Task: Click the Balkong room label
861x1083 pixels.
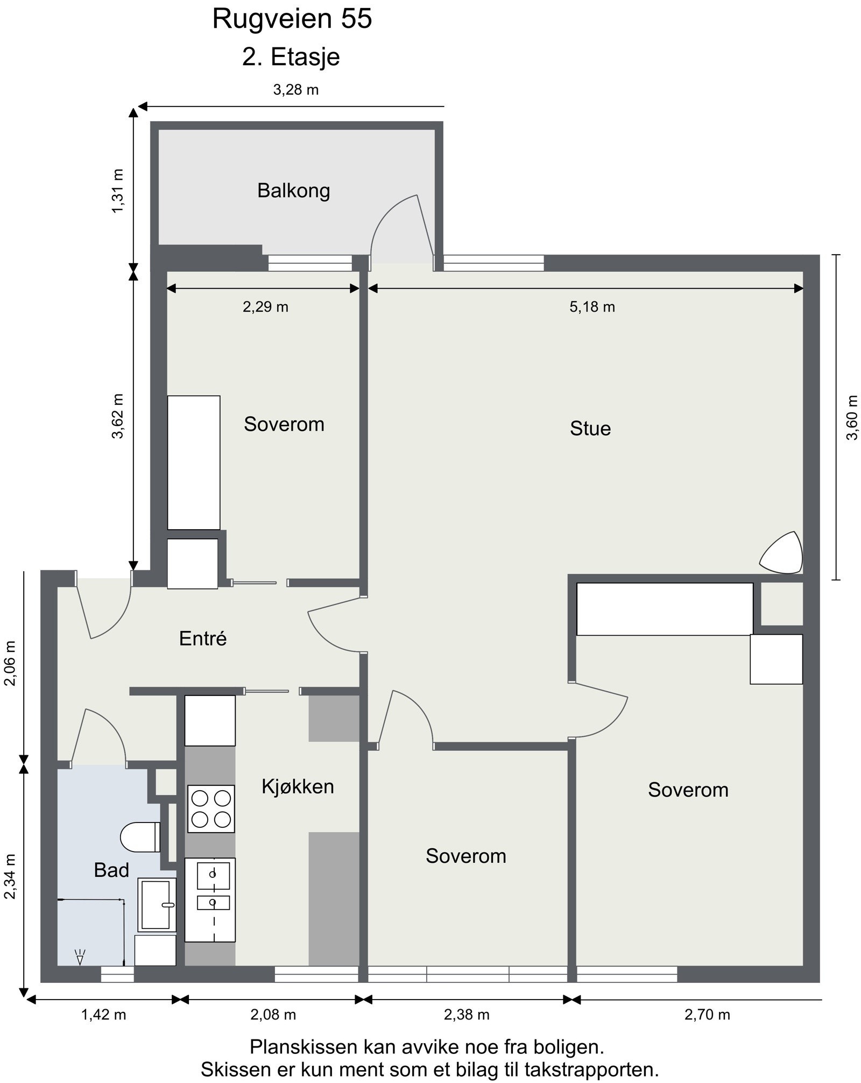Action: (293, 191)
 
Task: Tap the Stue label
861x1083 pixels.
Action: (590, 428)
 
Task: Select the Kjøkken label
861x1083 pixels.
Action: (298, 787)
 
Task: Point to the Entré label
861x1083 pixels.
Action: (203, 638)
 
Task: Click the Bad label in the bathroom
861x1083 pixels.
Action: (111, 870)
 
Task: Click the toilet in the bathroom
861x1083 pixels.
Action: (140, 838)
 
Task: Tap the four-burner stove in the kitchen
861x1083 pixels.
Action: (211, 809)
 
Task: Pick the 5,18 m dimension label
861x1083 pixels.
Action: (592, 307)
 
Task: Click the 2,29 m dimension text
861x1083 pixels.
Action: (265, 307)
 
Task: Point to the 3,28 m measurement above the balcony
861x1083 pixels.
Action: (296, 90)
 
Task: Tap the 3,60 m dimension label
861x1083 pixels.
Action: (852, 418)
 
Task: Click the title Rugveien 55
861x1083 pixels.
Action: (292, 19)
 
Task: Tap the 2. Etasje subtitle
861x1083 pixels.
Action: (291, 57)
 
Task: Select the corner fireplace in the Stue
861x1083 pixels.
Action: (782, 553)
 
